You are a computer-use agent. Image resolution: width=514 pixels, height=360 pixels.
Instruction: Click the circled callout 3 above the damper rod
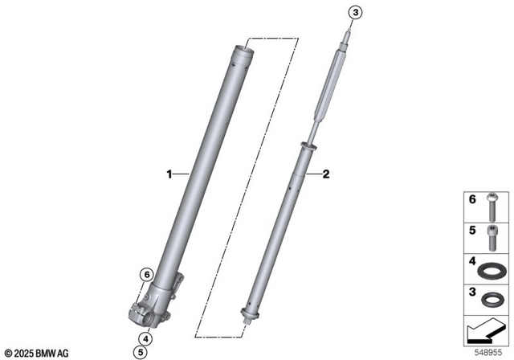pyautogui.click(x=356, y=11)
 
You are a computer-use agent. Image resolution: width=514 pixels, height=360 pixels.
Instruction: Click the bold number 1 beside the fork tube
pyautogui.click(x=169, y=173)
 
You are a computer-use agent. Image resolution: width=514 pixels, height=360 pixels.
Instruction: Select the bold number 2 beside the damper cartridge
pyautogui.click(x=326, y=173)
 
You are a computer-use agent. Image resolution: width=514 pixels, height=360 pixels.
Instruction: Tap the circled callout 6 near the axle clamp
pyautogui.click(x=146, y=276)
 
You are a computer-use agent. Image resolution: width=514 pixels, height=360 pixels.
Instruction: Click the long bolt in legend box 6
pyautogui.click(x=491, y=207)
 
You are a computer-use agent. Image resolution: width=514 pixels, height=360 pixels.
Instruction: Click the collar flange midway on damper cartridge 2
pyautogui.click(x=308, y=146)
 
